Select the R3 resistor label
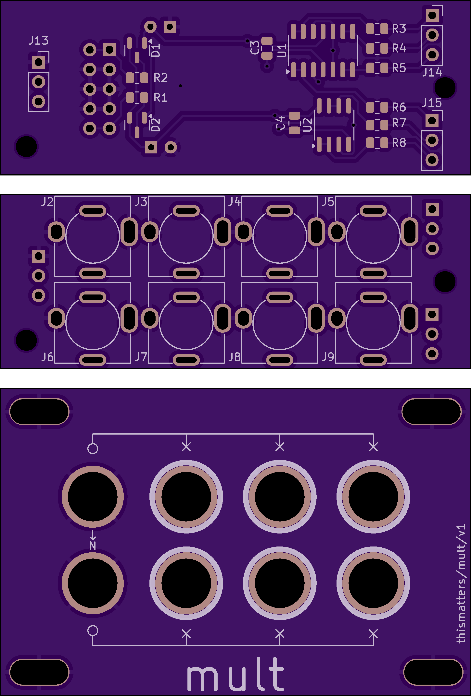(399, 29)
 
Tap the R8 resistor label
(399, 143)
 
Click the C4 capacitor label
(280, 123)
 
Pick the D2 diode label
(155, 125)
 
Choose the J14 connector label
(432, 72)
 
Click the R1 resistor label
(160, 97)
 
